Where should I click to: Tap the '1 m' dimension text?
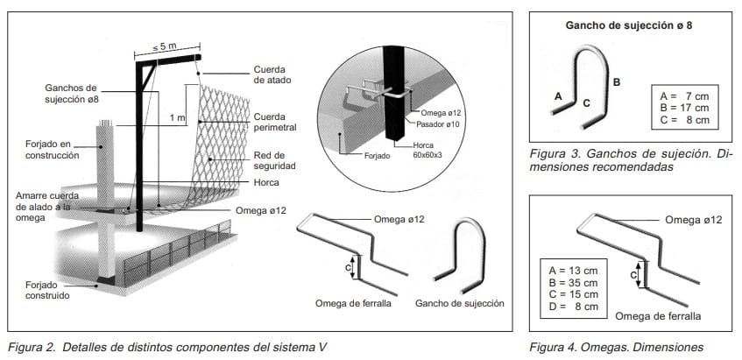point(178,116)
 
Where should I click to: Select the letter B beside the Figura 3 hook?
point(616,81)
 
